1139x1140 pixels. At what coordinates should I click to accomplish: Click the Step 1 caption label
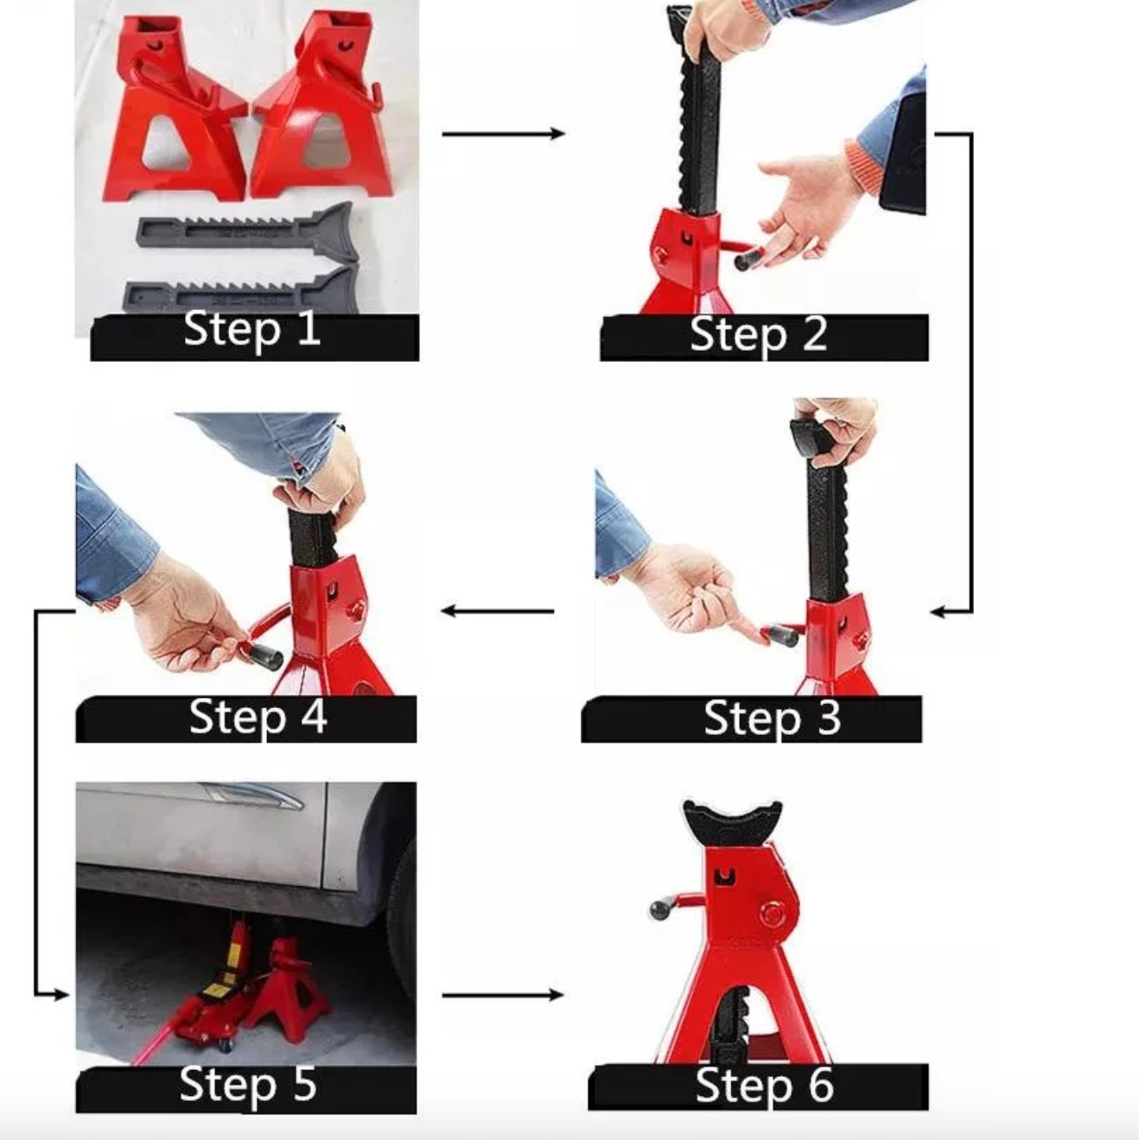(252, 330)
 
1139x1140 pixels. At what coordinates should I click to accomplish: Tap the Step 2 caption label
(759, 335)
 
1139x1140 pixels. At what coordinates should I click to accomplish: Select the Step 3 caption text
(771, 719)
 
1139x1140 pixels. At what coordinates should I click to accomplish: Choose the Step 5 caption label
(248, 1085)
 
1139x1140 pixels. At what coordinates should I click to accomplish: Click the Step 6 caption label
(764, 1086)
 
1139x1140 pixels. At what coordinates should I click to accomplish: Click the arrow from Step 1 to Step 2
(503, 134)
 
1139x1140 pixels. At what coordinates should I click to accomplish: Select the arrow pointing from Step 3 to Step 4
(498, 611)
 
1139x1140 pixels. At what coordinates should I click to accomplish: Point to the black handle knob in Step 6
(660, 909)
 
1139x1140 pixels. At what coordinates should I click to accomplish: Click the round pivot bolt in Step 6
(772, 914)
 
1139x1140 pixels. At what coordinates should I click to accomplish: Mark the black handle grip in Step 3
(780, 636)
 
